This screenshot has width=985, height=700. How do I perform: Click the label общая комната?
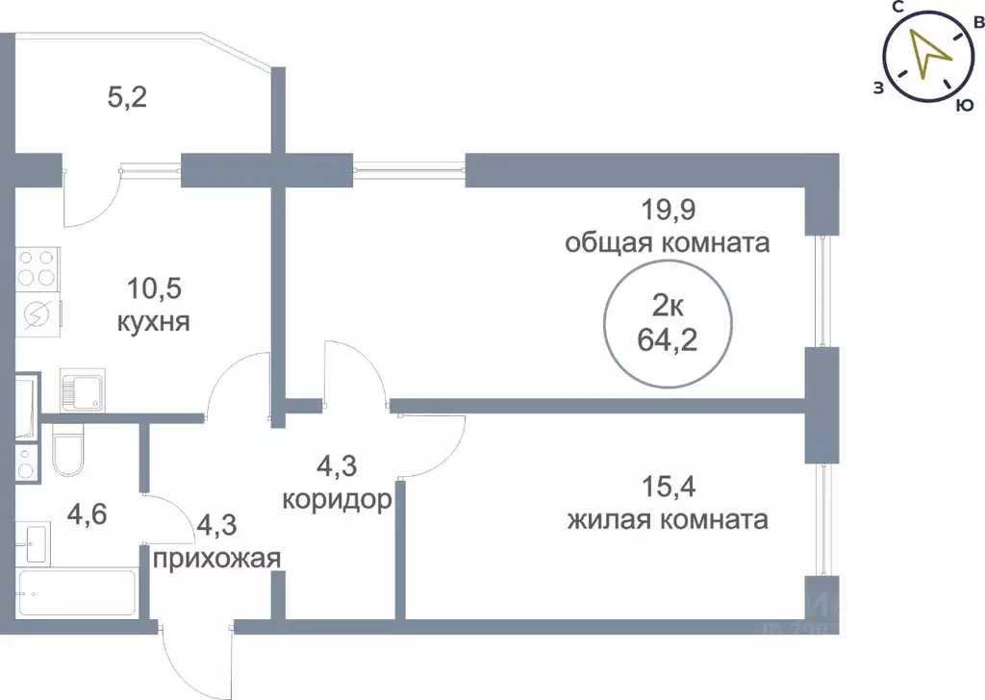pyautogui.click(x=667, y=242)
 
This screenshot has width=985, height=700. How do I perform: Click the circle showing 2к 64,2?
pyautogui.click(x=665, y=324)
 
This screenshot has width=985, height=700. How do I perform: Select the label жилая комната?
pyautogui.click(x=667, y=520)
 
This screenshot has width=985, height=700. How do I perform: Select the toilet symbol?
pyautogui.click(x=69, y=453)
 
